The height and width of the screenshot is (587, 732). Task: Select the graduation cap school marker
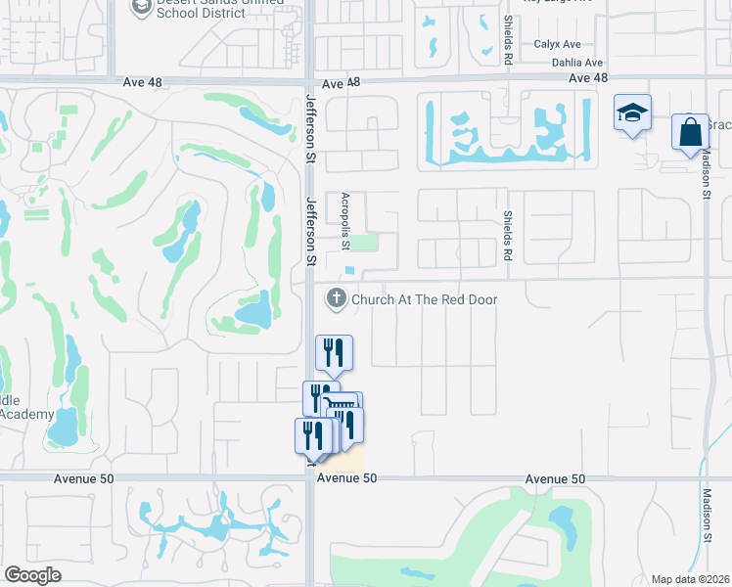pyautogui.click(x=632, y=113)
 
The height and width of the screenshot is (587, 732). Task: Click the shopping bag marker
pyautogui.click(x=690, y=131)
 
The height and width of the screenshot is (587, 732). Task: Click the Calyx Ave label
pyautogui.click(x=557, y=45)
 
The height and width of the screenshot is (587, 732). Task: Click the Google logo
pyautogui.click(x=32, y=575)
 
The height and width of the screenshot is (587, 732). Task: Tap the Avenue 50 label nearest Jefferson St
pyautogui.click(x=346, y=478)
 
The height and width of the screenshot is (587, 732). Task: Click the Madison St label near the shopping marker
pyautogui.click(x=706, y=175)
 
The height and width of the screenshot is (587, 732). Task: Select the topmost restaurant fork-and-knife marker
pyautogui.click(x=334, y=352)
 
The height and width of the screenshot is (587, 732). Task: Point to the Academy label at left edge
pyautogui.click(x=26, y=414)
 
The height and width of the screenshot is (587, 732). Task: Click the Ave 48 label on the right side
pyautogui.click(x=588, y=78)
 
